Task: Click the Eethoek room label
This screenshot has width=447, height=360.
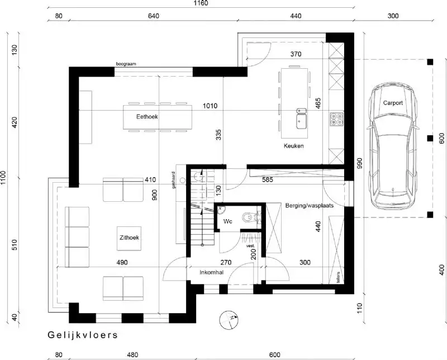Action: pyautogui.click(x=148, y=117)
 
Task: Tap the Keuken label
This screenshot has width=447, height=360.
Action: pyautogui.click(x=293, y=146)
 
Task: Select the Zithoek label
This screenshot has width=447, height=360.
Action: pyautogui.click(x=129, y=238)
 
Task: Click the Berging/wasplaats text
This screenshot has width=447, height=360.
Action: pyautogui.click(x=309, y=206)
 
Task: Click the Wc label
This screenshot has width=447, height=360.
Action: pyautogui.click(x=228, y=221)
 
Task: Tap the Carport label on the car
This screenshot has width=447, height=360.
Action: pyautogui.click(x=393, y=103)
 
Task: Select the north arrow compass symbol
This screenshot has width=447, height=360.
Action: pyautogui.click(x=230, y=319)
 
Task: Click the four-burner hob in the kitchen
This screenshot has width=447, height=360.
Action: pyautogui.click(x=336, y=119)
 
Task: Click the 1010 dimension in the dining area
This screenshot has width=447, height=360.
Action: pyautogui.click(x=210, y=106)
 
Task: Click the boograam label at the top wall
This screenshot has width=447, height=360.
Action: pyautogui.click(x=126, y=64)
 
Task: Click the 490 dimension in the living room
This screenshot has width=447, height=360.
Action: pyautogui.click(x=122, y=262)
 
